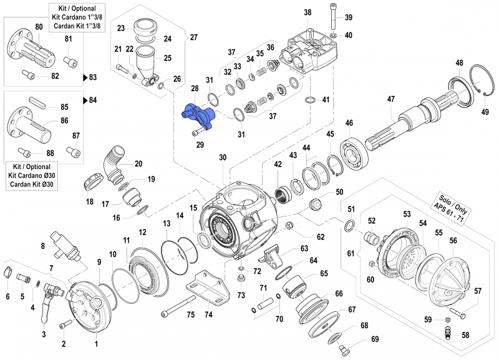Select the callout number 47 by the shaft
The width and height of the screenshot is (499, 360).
tap(391, 99)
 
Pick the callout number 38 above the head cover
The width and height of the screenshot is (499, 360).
tap(308, 13)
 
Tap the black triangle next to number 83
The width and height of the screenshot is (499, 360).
tap(85, 78)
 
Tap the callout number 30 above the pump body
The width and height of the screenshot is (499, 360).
tap(223, 158)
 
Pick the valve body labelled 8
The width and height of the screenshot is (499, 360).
tap(64, 245)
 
